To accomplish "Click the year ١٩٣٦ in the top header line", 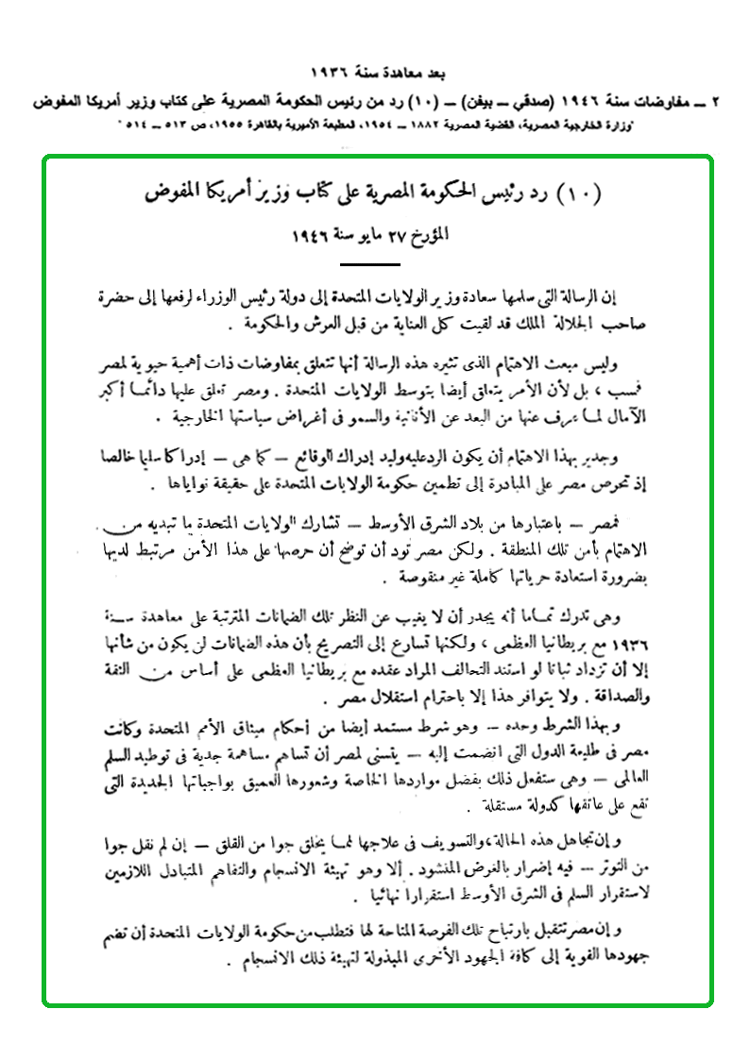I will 332,74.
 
